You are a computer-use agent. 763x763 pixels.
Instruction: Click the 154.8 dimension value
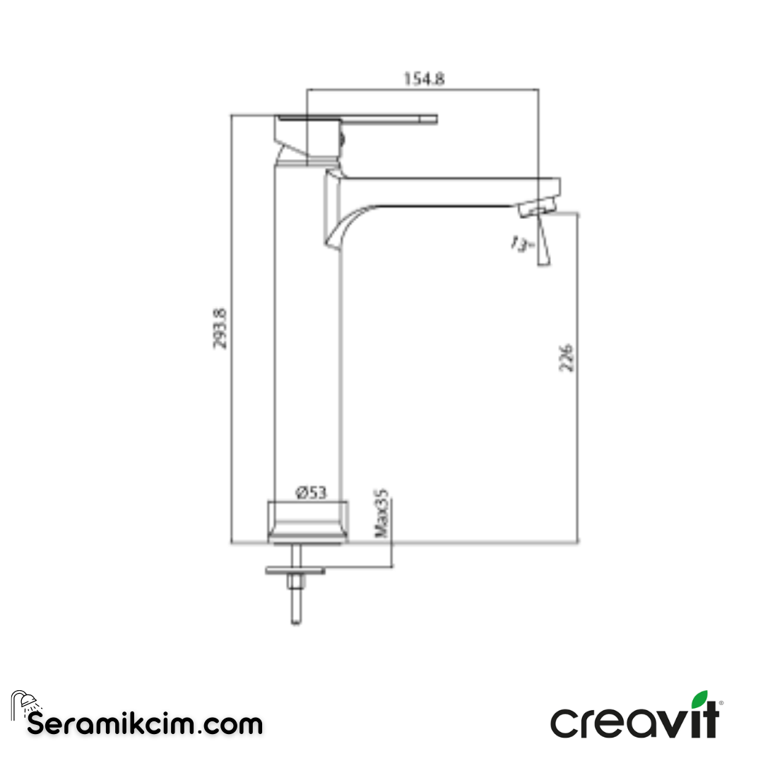click(x=424, y=79)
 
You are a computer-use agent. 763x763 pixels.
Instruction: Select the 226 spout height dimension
click(x=566, y=357)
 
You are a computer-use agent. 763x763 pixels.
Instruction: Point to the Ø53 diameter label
click(x=312, y=492)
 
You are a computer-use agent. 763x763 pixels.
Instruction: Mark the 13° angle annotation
click(x=519, y=245)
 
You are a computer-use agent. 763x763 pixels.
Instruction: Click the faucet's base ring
click(x=307, y=523)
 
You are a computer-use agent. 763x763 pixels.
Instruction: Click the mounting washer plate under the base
click(x=295, y=568)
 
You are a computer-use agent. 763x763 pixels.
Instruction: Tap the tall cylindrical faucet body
click(x=307, y=339)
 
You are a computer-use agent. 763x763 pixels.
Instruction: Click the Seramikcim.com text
click(x=145, y=724)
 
